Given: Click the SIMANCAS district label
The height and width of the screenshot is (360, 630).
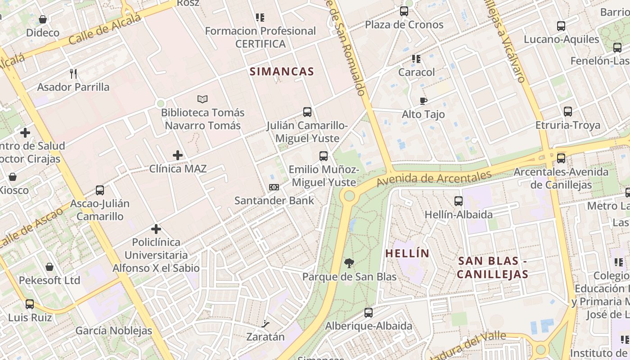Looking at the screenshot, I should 282,71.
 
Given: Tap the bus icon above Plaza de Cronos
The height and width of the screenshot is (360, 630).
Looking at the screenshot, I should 404,11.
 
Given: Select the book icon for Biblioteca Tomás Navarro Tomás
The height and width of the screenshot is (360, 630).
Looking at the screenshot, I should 202,99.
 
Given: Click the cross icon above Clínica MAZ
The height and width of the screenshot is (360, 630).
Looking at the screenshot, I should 178,155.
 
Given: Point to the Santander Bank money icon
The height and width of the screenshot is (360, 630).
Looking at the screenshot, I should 274,187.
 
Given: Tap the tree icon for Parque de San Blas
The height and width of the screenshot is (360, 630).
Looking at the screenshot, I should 349,263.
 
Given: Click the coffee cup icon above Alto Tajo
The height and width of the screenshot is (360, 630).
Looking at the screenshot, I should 423,101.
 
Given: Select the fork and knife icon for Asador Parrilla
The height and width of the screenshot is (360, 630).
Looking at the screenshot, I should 73,73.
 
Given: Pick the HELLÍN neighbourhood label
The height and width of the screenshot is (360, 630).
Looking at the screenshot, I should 407,253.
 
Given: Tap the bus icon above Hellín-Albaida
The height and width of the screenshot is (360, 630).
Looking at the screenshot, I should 459,201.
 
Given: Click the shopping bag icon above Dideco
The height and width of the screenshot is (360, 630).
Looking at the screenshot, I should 43,19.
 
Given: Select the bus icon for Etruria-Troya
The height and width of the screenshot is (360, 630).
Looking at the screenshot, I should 568,112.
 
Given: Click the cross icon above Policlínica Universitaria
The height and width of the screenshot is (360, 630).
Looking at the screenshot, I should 156,229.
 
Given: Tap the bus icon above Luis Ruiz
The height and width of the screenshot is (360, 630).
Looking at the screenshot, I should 30,304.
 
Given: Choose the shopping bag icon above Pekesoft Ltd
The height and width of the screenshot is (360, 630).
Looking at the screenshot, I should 49,267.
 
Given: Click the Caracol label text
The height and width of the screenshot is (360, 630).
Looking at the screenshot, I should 417,72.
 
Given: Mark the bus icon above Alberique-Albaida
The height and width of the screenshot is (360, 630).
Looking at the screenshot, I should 369,312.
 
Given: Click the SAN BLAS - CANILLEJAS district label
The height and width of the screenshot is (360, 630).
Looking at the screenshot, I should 492,267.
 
